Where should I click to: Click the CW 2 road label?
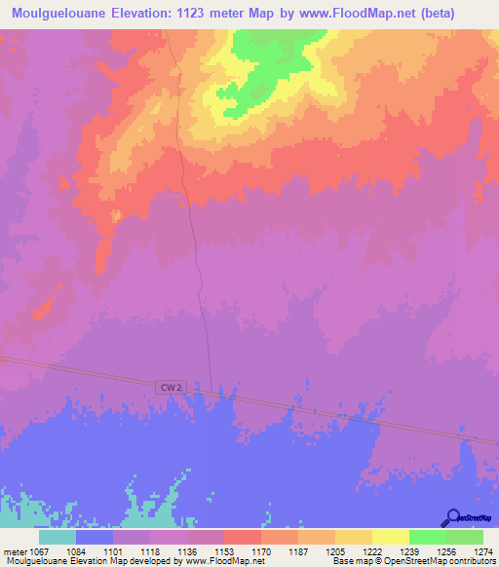pos(170,387)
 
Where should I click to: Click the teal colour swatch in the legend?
pos(57,537)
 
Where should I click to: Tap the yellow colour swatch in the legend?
pos(390,537)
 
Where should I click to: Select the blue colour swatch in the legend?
pos(94,537)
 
